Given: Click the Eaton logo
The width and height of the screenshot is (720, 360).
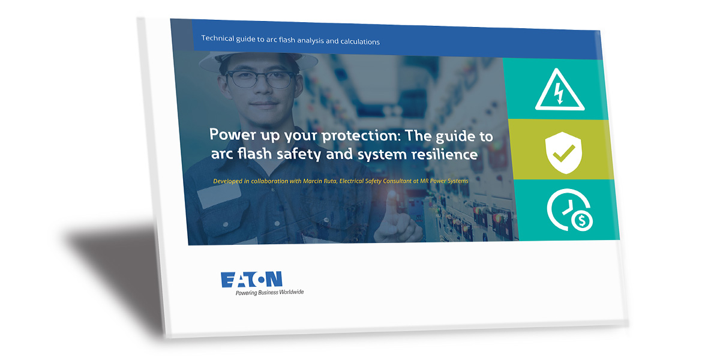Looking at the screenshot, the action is point(251,280).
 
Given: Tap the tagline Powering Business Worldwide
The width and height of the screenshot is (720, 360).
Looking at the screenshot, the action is point(269,292).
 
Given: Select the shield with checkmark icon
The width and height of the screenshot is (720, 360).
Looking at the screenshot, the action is point(563,152).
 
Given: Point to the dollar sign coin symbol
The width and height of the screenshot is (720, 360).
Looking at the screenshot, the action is point(582,221).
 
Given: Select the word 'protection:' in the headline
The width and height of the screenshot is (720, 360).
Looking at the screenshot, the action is point(361,136).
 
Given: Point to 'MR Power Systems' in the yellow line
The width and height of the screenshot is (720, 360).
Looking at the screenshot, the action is point(444,181).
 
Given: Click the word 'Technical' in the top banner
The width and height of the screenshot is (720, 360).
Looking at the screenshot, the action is point(218,38).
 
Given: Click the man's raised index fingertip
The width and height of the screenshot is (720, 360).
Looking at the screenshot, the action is point(391,195).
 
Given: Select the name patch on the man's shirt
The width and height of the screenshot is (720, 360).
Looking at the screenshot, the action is point(219,195).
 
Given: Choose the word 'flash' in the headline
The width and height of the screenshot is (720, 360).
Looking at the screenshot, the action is point(254,153).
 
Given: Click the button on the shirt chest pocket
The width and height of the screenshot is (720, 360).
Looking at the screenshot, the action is point(226,224).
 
